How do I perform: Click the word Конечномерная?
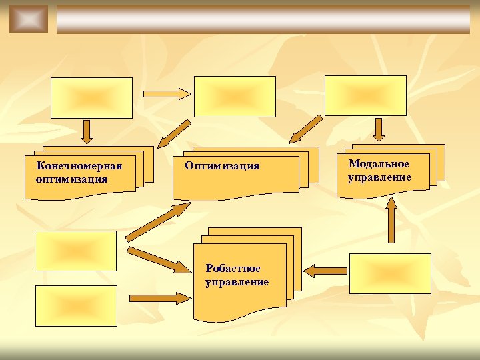(79, 166)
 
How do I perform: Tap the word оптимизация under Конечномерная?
(72, 179)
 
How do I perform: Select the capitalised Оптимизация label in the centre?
(222, 165)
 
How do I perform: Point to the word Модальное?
(379, 164)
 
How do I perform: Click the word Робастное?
(233, 269)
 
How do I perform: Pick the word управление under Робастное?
(237, 281)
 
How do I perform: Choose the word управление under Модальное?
(379, 177)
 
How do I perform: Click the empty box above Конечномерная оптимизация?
(93, 97)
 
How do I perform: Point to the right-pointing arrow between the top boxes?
(167, 94)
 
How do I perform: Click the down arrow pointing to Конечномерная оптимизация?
(87, 132)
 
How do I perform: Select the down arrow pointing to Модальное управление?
(379, 130)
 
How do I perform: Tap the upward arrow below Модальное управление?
(391, 219)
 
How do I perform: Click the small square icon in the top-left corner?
(29, 19)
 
